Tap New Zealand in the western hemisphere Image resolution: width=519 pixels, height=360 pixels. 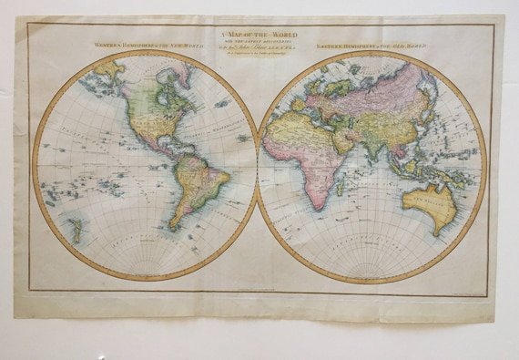[76, 230]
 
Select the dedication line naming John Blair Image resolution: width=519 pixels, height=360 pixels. [258, 47]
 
